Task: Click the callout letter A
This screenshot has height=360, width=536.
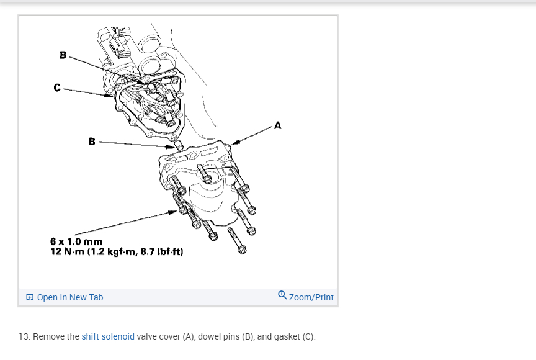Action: coord(277,126)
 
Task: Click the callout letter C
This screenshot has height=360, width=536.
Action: coord(57,88)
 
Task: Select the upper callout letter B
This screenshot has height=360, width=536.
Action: coord(63,55)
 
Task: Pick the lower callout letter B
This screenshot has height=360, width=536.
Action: coord(92,142)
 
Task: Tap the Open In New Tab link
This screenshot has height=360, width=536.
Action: coord(69,297)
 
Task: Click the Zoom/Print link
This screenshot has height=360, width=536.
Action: coord(311,297)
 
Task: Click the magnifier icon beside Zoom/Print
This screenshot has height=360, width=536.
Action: coord(282,295)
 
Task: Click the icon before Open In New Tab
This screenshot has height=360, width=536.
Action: coord(30,297)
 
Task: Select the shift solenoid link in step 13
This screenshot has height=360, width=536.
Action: coord(108,336)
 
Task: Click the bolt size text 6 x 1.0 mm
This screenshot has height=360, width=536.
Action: coord(76,241)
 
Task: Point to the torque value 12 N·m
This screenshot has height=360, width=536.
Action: coord(68,251)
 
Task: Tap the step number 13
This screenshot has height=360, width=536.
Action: coord(25,336)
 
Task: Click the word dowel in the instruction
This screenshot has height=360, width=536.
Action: coord(209,336)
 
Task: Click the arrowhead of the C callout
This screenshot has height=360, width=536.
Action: coord(109,96)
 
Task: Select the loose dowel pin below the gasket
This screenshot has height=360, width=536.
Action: coord(179,145)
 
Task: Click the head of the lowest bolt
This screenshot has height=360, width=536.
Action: coord(242,250)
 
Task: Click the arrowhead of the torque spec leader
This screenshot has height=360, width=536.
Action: coord(173,212)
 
